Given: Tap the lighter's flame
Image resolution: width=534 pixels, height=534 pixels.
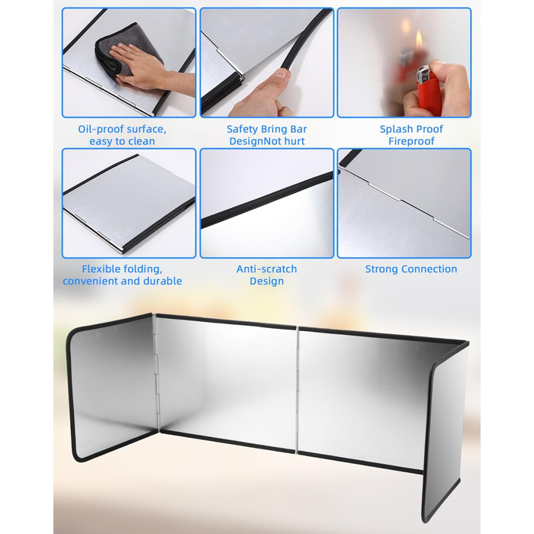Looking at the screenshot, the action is (x=419, y=40).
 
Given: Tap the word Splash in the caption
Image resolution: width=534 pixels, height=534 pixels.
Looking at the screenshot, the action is (x=394, y=130).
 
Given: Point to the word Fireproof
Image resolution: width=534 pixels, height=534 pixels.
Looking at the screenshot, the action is (x=411, y=141).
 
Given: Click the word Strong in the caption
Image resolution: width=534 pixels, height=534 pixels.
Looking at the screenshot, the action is (x=381, y=269).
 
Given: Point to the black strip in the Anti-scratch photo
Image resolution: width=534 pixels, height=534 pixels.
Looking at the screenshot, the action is (x=267, y=200).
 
